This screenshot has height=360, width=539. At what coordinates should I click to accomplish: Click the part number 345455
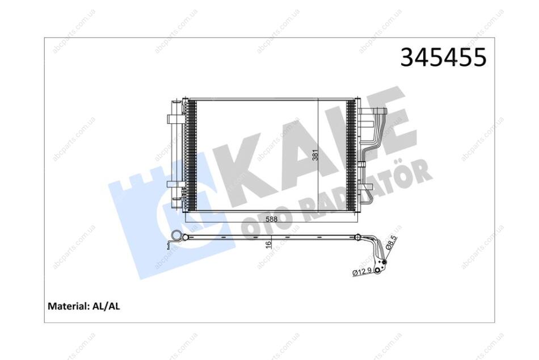pyautogui.click(x=444, y=57)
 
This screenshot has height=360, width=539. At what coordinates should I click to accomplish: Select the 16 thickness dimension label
pyautogui.click(x=268, y=244)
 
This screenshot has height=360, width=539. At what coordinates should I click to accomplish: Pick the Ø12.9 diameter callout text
pyautogui.click(x=361, y=271)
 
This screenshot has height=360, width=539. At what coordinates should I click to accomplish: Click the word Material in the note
pyautogui.click(x=69, y=306)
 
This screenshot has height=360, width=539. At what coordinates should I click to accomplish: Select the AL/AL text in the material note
pyautogui.click(x=106, y=306)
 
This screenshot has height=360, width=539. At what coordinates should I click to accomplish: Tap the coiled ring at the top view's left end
pyautogui.click(x=176, y=236)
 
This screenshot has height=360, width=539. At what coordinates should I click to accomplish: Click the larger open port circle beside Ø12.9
pyautogui.click(x=378, y=270)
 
